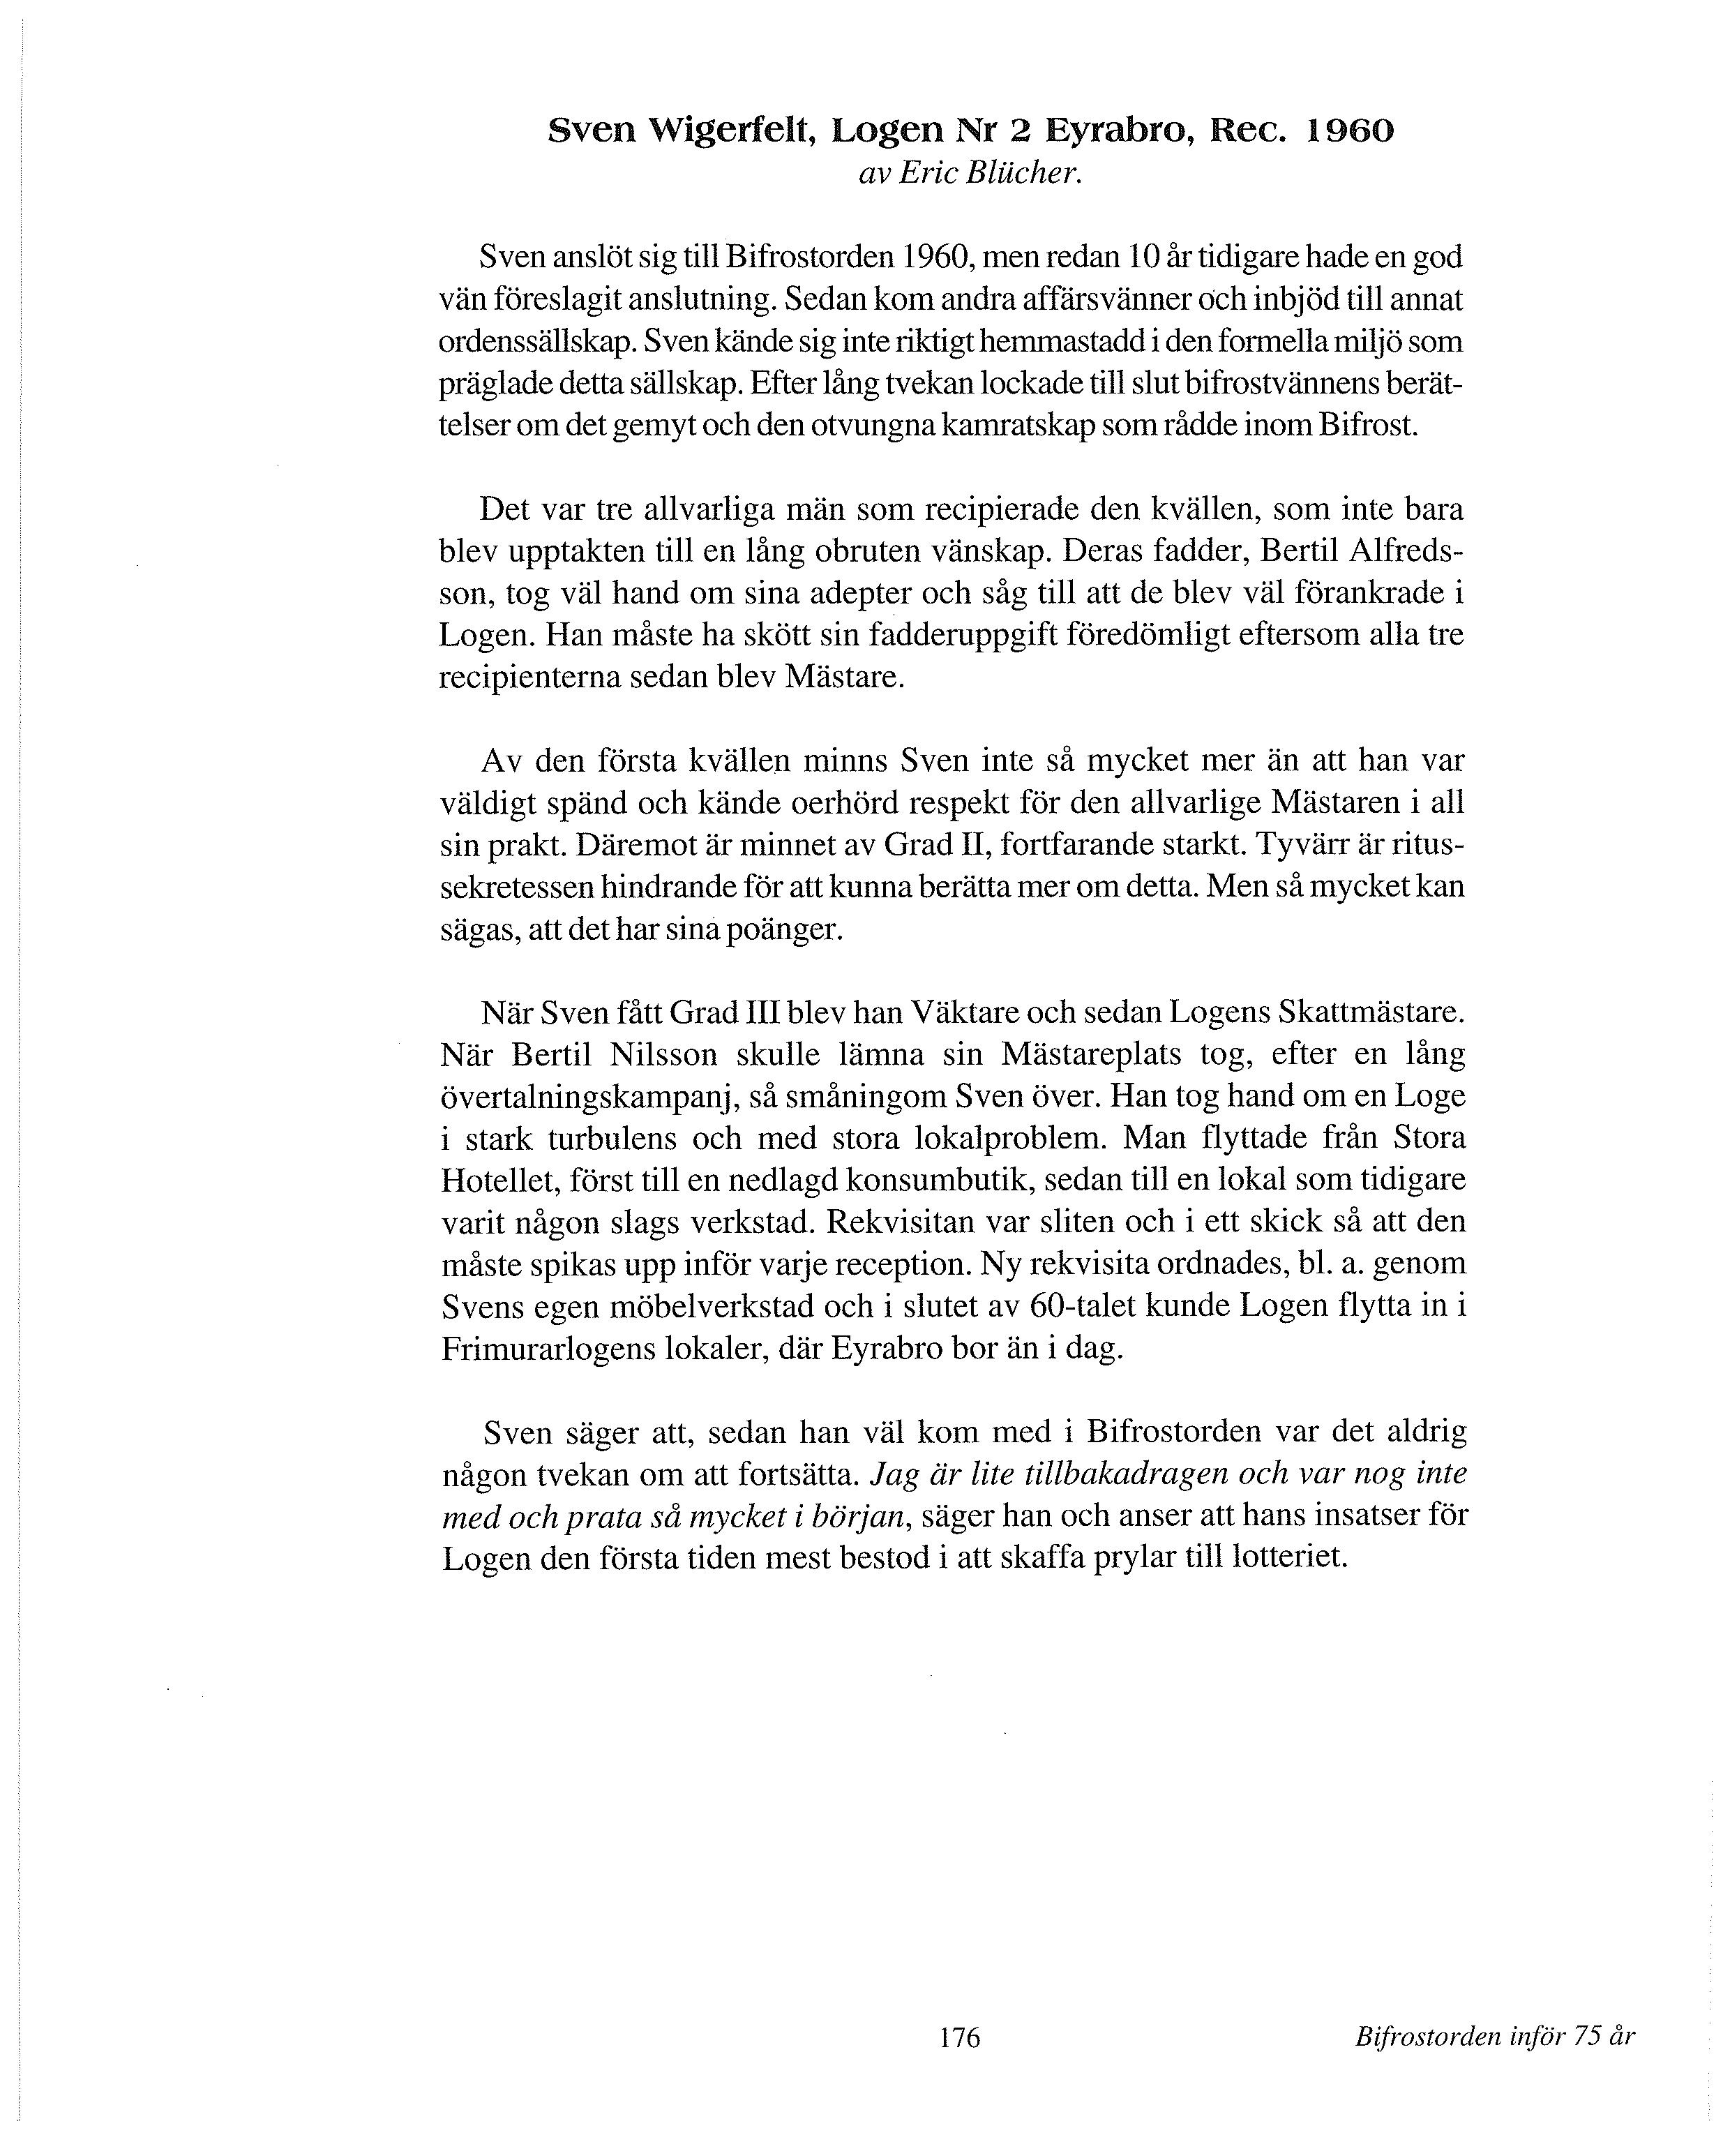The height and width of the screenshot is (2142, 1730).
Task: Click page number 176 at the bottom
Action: (960, 2037)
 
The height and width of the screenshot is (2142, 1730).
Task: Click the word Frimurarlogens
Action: (573, 1349)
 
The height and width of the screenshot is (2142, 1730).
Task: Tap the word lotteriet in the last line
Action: (1290, 1557)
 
